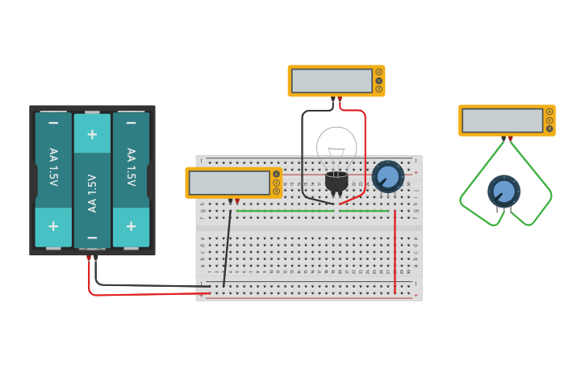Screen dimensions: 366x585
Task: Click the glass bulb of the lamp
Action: click(x=336, y=145)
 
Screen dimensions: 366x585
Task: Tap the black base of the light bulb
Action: click(x=336, y=182)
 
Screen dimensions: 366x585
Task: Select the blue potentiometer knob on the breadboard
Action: click(x=388, y=176)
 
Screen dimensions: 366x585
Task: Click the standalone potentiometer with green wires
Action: click(x=504, y=191)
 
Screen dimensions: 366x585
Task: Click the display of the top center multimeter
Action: click(x=331, y=81)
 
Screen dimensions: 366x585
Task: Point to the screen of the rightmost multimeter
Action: click(x=502, y=120)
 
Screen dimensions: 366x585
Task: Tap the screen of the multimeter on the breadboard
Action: click(x=229, y=183)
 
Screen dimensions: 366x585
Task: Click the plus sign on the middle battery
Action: click(x=92, y=134)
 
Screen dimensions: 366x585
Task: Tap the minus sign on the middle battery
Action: click(x=92, y=238)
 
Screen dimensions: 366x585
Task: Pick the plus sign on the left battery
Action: click(x=53, y=226)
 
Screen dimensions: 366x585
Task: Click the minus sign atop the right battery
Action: click(x=131, y=123)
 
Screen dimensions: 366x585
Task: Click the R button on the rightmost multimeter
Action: click(x=549, y=128)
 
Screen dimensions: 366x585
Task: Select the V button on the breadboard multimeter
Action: click(x=276, y=183)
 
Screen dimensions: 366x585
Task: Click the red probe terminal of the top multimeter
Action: click(x=340, y=99)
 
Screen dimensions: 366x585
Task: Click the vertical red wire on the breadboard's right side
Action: click(x=395, y=250)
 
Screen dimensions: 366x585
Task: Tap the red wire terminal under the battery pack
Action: click(x=89, y=257)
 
